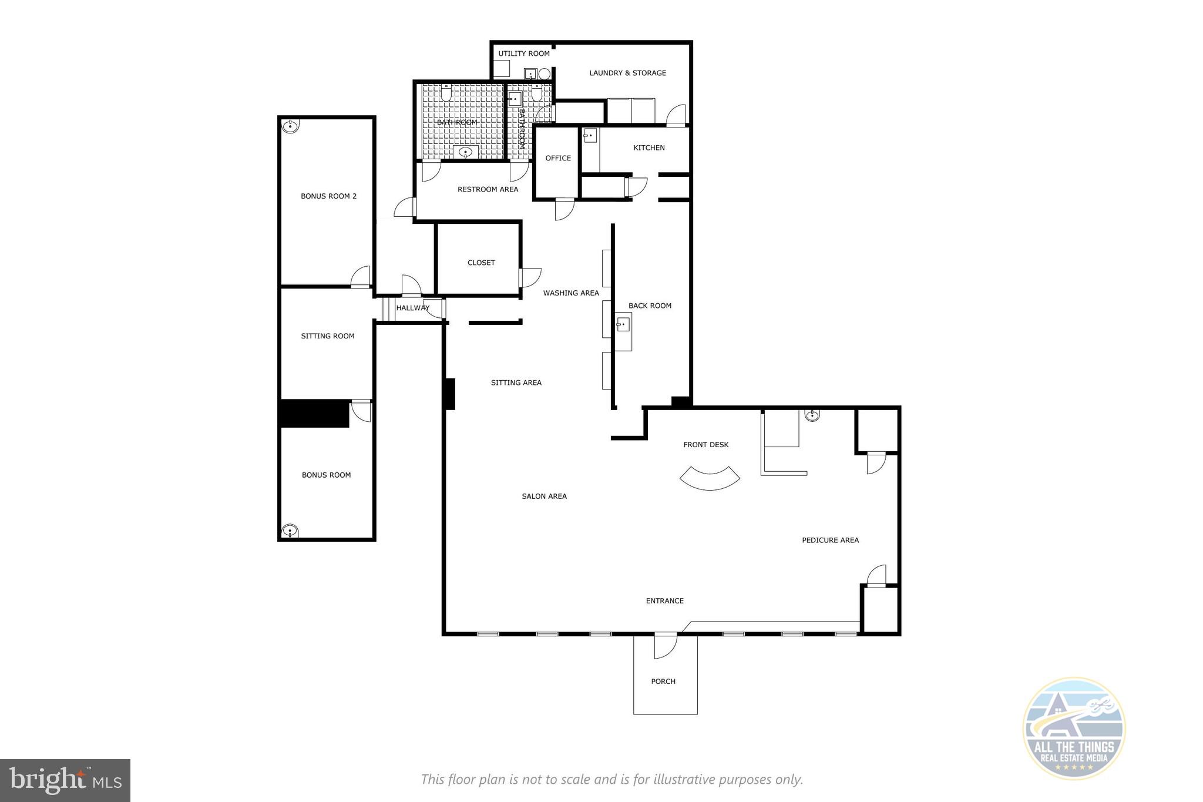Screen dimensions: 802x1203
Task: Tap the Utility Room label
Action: pos(524,53)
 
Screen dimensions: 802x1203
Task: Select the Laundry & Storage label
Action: pos(627,73)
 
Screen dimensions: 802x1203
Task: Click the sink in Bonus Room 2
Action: pos(290,126)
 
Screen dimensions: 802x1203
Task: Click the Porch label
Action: pos(663,682)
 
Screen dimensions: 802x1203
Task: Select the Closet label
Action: pos(481,263)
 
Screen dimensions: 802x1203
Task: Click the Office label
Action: pos(558,158)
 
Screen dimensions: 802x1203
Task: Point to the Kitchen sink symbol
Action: pos(590,136)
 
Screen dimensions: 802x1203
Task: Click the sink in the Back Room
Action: pos(623,324)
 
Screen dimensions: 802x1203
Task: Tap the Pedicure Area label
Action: pos(830,540)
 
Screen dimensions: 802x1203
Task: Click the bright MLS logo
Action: pos(65,780)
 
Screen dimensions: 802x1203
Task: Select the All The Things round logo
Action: pos(1074,729)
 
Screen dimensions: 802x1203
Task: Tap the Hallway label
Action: pos(412,308)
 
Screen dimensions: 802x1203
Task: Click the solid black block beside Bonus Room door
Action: pos(315,414)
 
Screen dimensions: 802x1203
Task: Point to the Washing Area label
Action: pos(570,293)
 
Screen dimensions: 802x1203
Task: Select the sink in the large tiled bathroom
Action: pos(466,153)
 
